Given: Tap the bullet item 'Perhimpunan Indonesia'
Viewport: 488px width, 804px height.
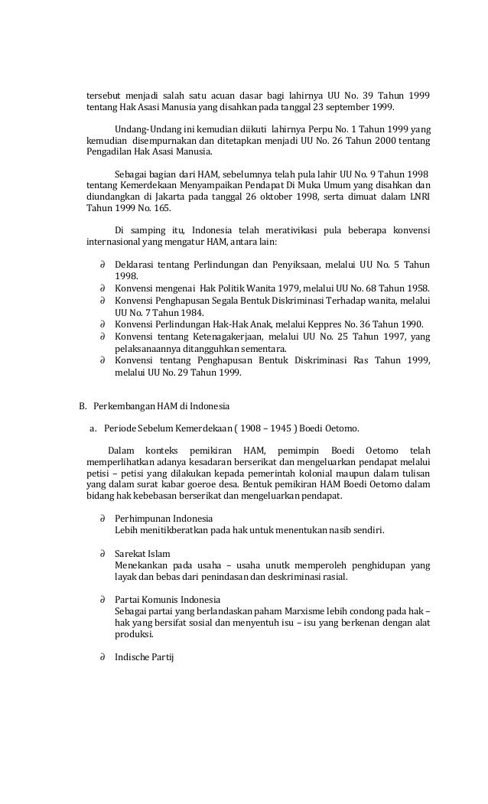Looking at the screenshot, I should click(164, 518).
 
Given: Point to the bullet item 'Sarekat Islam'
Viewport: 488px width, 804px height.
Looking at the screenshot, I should click(143, 552).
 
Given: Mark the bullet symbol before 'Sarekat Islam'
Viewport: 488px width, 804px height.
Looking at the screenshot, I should click(102, 552).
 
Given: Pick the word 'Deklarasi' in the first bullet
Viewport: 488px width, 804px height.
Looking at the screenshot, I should click(135, 265).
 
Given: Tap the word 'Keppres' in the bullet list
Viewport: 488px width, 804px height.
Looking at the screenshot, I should click(309, 322).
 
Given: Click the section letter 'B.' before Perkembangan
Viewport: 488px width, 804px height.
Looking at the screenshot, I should click(85, 405).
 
